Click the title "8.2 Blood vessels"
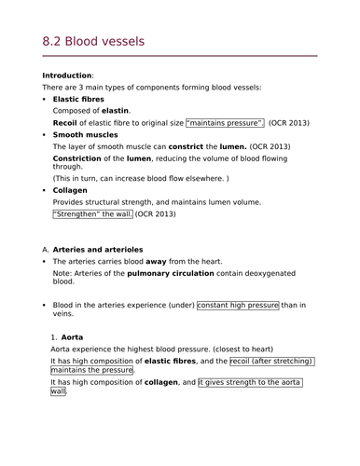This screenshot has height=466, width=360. coord(93,42)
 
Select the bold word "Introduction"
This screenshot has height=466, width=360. coord(67,75)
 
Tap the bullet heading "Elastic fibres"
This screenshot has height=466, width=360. coord(78,99)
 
